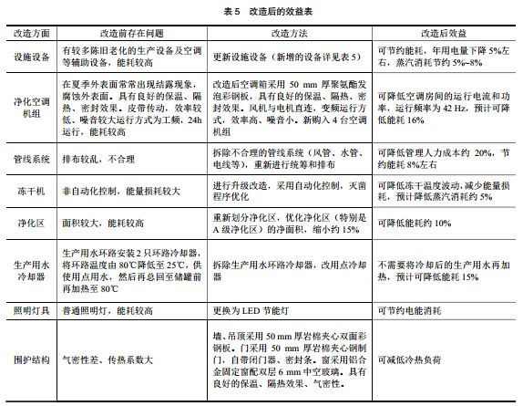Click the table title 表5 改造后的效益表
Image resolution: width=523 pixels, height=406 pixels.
pos(261,9)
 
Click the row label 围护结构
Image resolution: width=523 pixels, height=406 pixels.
pos(28,360)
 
